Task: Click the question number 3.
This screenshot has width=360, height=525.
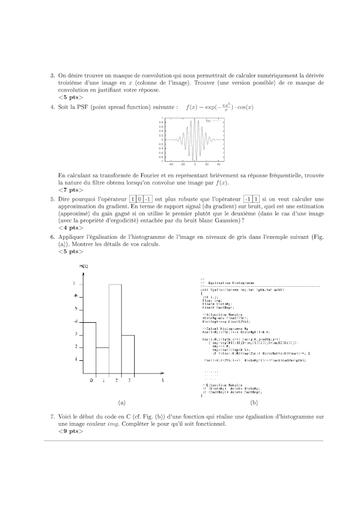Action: pos(52,76)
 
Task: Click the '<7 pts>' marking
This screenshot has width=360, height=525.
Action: pos(70,190)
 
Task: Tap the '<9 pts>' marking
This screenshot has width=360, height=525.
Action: pos(70,431)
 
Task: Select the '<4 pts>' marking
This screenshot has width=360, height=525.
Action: pos(70,228)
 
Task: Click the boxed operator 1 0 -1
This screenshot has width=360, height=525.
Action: pos(141,200)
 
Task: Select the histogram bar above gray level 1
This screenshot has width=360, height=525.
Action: pos(103,361)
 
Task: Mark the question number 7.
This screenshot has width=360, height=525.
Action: pos(52,416)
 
